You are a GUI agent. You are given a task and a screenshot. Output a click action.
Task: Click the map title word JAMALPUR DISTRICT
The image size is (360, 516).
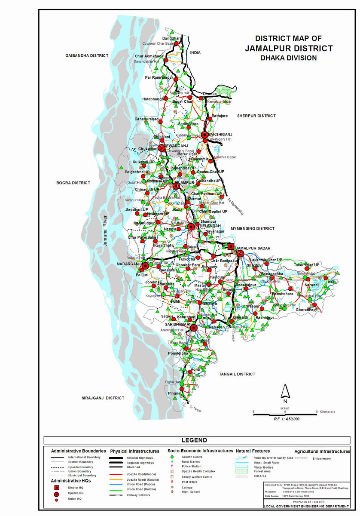tap(289, 48)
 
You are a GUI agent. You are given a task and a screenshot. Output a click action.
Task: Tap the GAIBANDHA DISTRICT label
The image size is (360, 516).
tap(87, 56)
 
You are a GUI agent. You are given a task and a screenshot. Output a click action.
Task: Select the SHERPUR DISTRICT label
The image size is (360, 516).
tap(256, 116)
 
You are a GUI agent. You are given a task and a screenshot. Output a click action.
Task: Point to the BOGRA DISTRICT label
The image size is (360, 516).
tap(73, 183)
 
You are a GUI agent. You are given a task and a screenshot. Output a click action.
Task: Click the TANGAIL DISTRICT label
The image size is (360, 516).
tap(236, 374)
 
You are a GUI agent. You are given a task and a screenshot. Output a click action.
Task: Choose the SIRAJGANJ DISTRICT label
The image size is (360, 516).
tap(103, 398)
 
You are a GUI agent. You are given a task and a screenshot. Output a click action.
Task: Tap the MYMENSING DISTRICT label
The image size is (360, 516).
tap(253, 228)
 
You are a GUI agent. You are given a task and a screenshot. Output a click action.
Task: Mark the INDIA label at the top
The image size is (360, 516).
tap(195, 52)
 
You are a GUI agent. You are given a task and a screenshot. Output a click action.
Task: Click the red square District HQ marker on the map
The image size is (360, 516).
tap(231, 246)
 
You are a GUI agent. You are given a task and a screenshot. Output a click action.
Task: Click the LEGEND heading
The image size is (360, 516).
tap(194, 440)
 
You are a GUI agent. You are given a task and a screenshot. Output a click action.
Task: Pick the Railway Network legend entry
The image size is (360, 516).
tap(138, 495)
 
